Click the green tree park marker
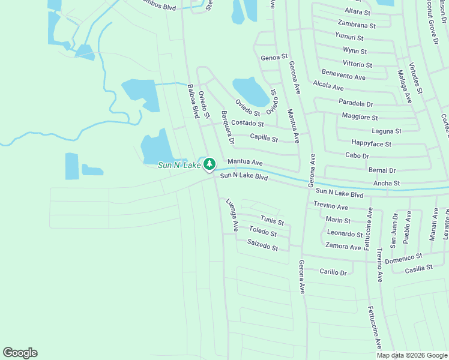(209, 163)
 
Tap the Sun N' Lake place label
(178, 165)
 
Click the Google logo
(20, 353)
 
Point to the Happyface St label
(371, 144)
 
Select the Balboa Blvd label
(193, 100)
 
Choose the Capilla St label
(264, 139)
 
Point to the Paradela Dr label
(356, 103)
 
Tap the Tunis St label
(272, 221)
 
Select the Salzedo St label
(263, 245)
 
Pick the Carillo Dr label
(333, 272)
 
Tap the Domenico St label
(403, 259)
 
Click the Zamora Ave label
(343, 247)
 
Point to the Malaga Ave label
(404, 86)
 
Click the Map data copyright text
(412, 355)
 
